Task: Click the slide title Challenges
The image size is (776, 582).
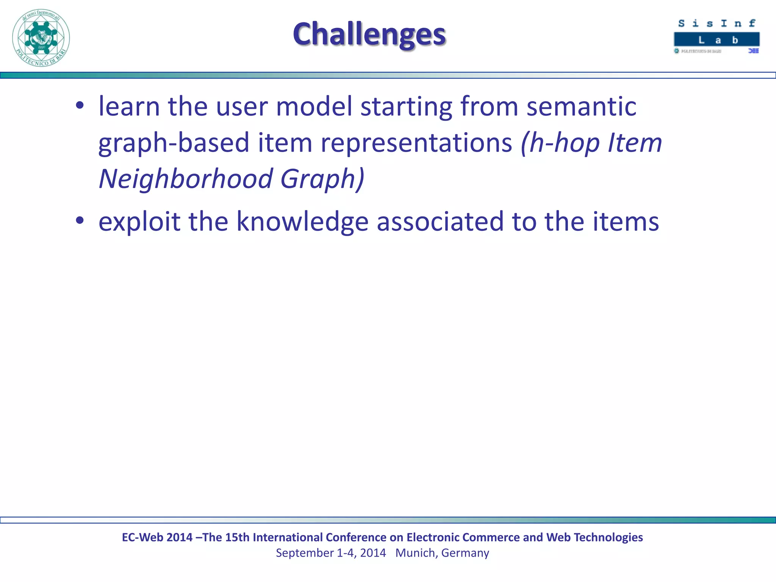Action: [369, 34]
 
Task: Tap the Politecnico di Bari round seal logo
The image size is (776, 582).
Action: [41, 38]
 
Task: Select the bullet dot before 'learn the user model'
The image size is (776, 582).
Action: [79, 106]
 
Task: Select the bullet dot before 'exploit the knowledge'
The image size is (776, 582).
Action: [79, 221]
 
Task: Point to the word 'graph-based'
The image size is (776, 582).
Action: [174, 143]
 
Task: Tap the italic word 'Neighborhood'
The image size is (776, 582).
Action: [186, 179]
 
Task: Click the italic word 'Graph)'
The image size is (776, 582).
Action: [322, 179]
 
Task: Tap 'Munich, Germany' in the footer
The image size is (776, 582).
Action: [442, 553]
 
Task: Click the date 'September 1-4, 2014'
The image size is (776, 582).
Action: [331, 553]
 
